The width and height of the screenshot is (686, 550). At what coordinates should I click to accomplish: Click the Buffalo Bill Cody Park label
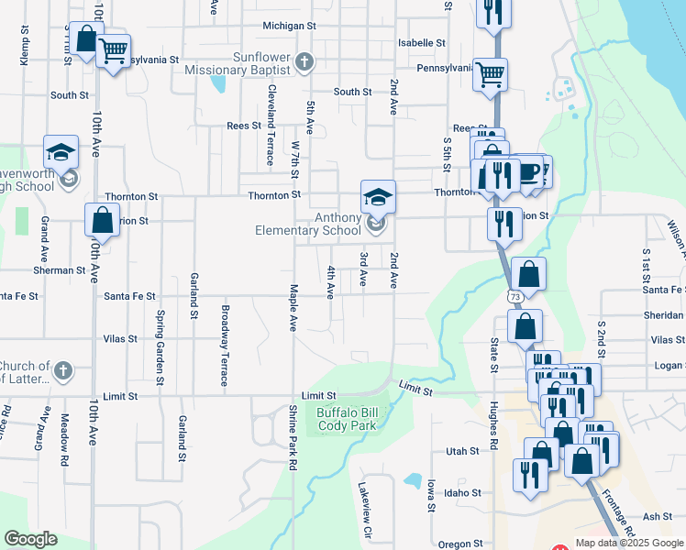(347, 419)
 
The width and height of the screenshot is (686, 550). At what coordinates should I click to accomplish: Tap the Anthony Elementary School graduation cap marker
(377, 196)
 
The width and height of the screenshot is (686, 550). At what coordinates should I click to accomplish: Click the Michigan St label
(282, 26)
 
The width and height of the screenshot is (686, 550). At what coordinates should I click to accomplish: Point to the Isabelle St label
(422, 43)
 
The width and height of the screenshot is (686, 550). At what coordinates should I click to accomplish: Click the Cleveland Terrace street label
(271, 125)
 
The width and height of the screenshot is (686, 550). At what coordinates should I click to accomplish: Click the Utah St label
(462, 451)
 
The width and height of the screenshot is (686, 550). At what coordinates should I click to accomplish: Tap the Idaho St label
(462, 492)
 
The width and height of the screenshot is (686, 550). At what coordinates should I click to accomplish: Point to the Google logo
(29, 539)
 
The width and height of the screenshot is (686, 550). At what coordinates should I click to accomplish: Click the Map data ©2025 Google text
(628, 543)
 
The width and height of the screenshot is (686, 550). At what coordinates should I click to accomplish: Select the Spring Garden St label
(160, 346)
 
